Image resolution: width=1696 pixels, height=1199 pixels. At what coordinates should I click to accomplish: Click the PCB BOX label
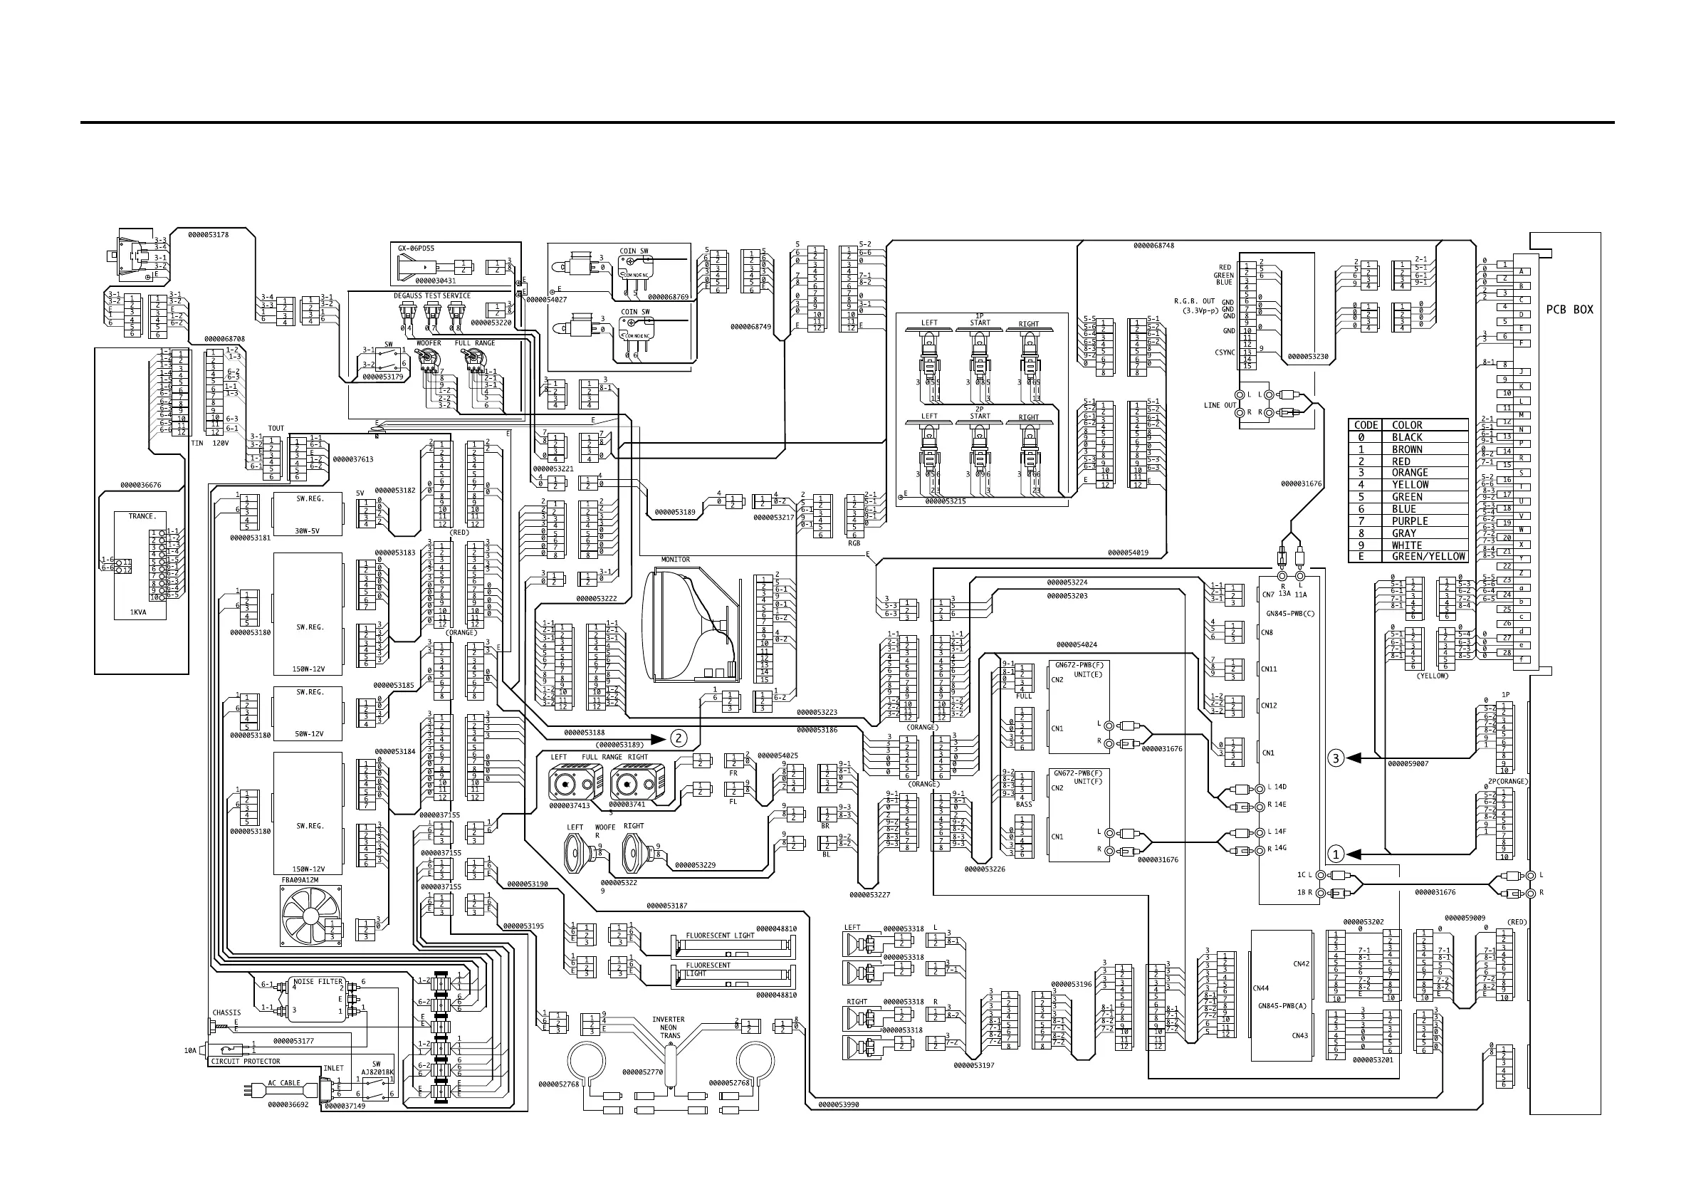click(x=1569, y=310)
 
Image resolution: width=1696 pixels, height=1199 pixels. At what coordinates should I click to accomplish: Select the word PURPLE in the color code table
click(x=1409, y=520)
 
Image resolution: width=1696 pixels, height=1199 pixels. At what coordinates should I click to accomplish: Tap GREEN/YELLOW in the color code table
click(x=1427, y=556)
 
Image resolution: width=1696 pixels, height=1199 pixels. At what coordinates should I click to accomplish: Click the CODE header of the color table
click(x=1366, y=425)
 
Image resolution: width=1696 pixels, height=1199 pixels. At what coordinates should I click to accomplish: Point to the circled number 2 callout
click(x=679, y=738)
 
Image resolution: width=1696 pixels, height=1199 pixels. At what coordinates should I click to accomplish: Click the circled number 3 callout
click(x=1336, y=758)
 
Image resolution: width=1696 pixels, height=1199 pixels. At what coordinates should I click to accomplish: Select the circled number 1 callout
click(x=1336, y=854)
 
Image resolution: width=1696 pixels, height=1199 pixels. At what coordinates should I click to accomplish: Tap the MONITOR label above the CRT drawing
click(x=675, y=560)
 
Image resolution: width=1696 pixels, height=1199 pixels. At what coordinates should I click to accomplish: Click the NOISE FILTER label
click(x=318, y=982)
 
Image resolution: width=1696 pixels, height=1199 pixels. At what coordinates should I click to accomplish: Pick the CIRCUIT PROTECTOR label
click(x=245, y=1062)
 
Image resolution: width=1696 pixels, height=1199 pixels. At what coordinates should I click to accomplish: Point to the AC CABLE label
click(x=283, y=1083)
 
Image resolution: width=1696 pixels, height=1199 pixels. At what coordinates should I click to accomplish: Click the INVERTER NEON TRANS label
click(x=669, y=1027)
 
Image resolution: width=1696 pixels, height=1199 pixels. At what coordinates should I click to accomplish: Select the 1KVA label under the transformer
click(x=139, y=612)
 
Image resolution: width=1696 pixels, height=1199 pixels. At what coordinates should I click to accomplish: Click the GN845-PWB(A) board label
click(x=1282, y=1005)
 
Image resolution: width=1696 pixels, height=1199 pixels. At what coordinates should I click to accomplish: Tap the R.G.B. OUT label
click(x=1195, y=301)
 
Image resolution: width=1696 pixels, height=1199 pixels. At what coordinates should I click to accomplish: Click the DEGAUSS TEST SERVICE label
click(x=431, y=295)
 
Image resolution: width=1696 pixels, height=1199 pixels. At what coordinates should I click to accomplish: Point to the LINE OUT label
click(x=1220, y=405)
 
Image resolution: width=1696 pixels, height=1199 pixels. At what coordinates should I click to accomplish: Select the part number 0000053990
click(x=839, y=1105)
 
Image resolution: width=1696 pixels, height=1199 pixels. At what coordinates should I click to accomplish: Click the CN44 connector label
click(x=1261, y=988)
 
